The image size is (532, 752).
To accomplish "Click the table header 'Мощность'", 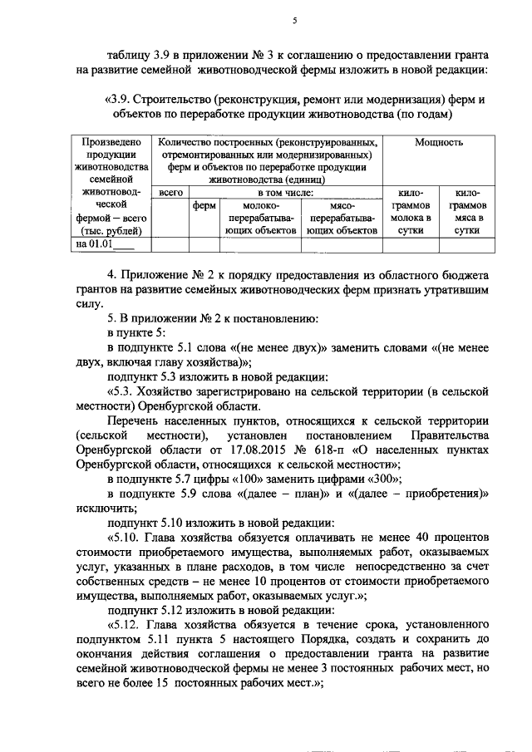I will click(439, 142).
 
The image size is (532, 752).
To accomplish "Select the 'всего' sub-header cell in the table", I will click(170, 192).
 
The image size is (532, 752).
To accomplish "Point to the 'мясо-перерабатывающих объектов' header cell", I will click(342, 218).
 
